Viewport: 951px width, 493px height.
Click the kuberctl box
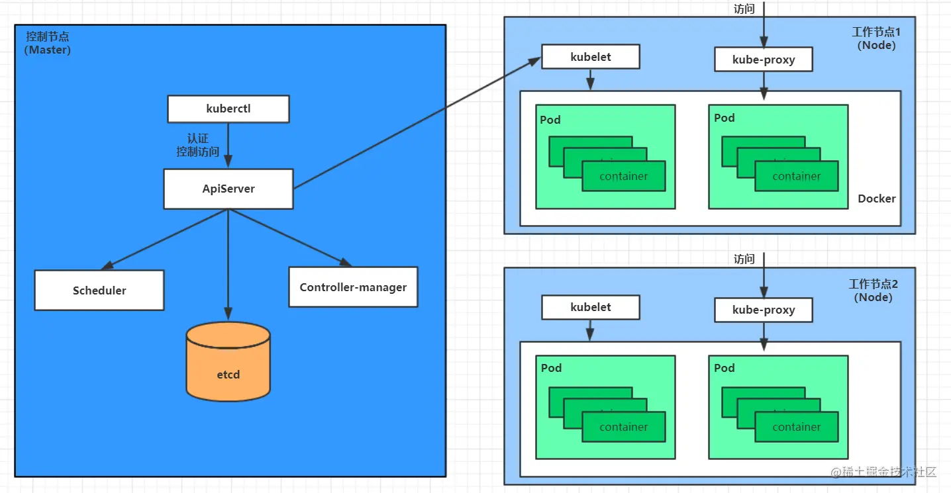pos(228,109)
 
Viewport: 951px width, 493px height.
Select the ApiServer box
pos(228,189)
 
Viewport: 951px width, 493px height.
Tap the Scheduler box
pos(99,290)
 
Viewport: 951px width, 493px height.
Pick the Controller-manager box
pos(353,287)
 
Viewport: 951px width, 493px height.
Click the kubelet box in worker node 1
pos(590,57)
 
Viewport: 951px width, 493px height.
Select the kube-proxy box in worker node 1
pos(763,60)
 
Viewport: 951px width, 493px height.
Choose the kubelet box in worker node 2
pos(590,307)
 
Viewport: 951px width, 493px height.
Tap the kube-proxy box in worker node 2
pos(763,310)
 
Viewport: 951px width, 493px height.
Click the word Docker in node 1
pos(876,199)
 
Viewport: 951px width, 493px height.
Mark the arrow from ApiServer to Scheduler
pos(166,239)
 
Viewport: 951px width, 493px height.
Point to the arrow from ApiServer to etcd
pos(228,265)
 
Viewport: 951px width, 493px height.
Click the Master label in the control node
pos(48,50)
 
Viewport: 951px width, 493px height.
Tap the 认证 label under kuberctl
pos(197,138)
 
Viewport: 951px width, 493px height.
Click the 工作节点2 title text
pos(873,284)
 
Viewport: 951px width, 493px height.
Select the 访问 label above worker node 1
pos(744,9)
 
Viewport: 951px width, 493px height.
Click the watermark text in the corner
pos(884,472)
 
